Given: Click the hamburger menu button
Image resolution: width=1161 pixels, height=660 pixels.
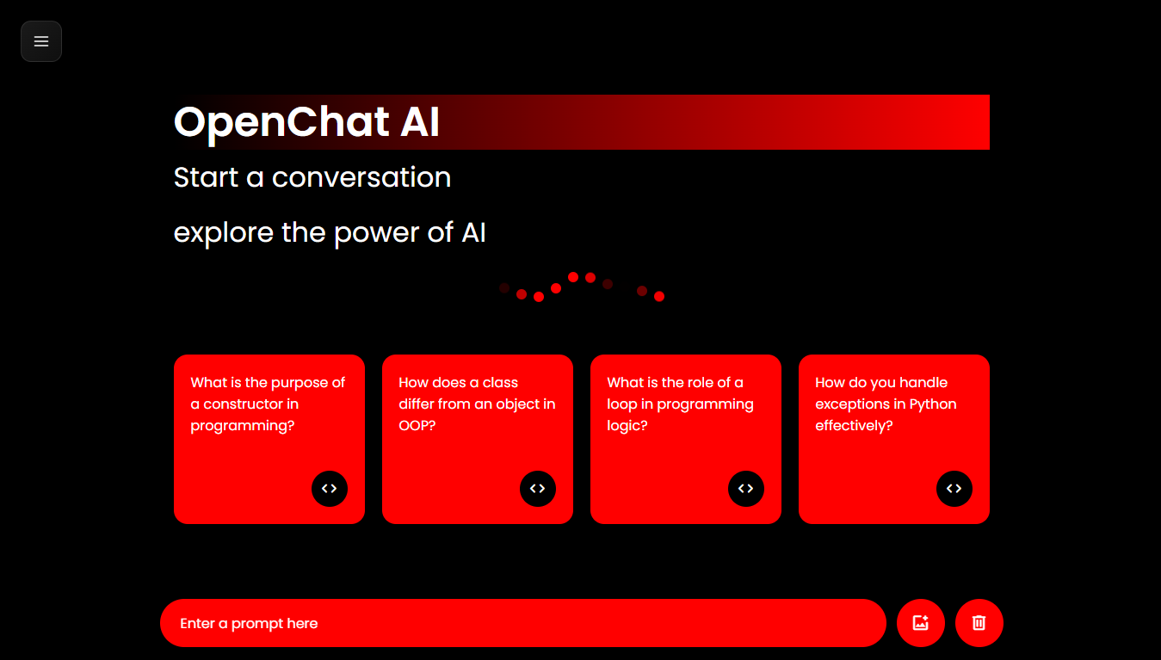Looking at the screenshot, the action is pos(41,41).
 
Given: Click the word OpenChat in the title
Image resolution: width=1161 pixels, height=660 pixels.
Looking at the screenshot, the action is pos(281,123).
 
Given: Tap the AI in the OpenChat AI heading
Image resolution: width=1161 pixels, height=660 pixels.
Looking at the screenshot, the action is pos(420,121).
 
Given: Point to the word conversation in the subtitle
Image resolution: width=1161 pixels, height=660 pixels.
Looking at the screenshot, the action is pos(361,177).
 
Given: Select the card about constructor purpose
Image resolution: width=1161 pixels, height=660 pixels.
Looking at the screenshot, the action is pos(269,439).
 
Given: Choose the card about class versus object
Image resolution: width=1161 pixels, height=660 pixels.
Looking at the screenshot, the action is pos(478,439).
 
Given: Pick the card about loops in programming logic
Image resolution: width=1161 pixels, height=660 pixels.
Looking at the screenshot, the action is pos(686,439).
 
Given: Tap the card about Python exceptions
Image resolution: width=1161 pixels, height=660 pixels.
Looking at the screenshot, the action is pos(894,439).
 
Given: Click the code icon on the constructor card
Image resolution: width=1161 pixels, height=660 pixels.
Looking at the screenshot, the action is pos(329,489).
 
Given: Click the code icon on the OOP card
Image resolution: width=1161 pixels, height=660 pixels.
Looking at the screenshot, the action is pos(538,489).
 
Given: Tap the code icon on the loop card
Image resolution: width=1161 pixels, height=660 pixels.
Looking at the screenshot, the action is pos(746,489).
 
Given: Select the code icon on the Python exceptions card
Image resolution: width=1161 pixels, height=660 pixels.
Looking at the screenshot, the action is pos(954,489).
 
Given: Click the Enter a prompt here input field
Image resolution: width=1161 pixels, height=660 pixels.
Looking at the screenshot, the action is pos(523,623).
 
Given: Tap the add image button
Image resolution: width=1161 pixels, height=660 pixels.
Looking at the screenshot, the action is pos(921,623).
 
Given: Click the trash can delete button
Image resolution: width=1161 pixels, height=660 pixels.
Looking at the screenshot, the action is pos(979,623).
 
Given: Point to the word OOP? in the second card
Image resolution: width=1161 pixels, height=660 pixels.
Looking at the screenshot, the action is pos(417,425).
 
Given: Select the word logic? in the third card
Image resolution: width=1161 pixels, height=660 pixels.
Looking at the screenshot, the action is pos(627,426).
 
